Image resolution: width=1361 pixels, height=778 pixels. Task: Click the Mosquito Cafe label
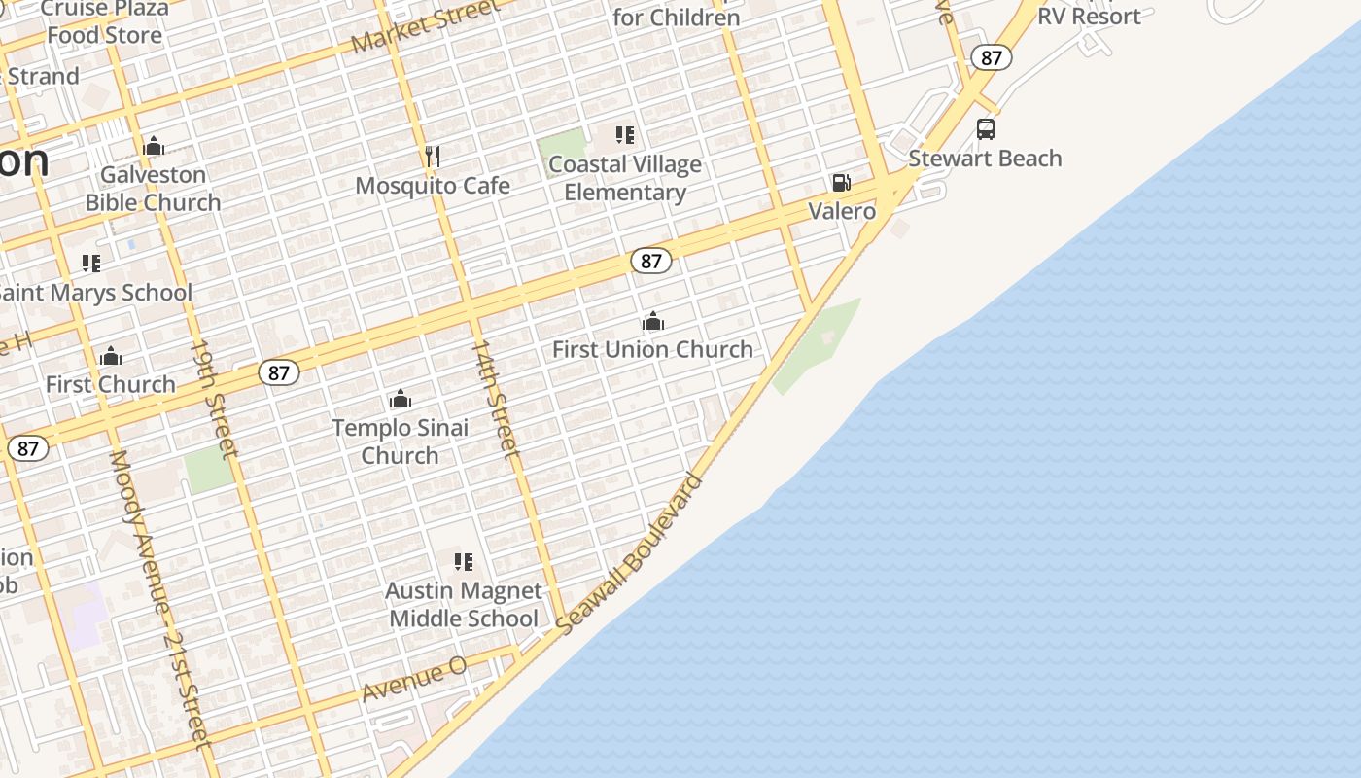pos(433,185)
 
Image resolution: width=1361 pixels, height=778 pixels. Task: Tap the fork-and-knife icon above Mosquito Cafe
pos(433,156)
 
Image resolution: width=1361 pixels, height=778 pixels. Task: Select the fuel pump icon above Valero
pos(841,183)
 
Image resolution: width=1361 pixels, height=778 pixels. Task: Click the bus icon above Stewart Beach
pos(985,129)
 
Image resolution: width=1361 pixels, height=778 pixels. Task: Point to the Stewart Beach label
pos(985,159)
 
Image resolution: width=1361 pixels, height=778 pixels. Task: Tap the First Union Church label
pos(652,349)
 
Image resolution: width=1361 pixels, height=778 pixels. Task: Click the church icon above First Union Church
pos(652,321)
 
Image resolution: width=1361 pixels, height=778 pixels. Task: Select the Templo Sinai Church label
pos(400,441)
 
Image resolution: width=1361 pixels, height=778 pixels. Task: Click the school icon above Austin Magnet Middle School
pos(464,562)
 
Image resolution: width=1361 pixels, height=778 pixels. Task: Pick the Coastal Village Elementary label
pos(624,178)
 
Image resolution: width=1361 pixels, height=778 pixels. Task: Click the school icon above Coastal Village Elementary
pos(624,135)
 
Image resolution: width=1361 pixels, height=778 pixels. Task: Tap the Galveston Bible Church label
pos(154,189)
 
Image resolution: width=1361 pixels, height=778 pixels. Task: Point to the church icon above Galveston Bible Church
pos(153,147)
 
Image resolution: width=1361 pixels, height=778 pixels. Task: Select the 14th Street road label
pos(495,399)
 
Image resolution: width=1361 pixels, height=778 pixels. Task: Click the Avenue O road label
pos(414,679)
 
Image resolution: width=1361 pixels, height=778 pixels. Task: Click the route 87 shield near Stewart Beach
pos(991,57)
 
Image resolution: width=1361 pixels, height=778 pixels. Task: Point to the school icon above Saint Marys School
pos(91,264)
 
